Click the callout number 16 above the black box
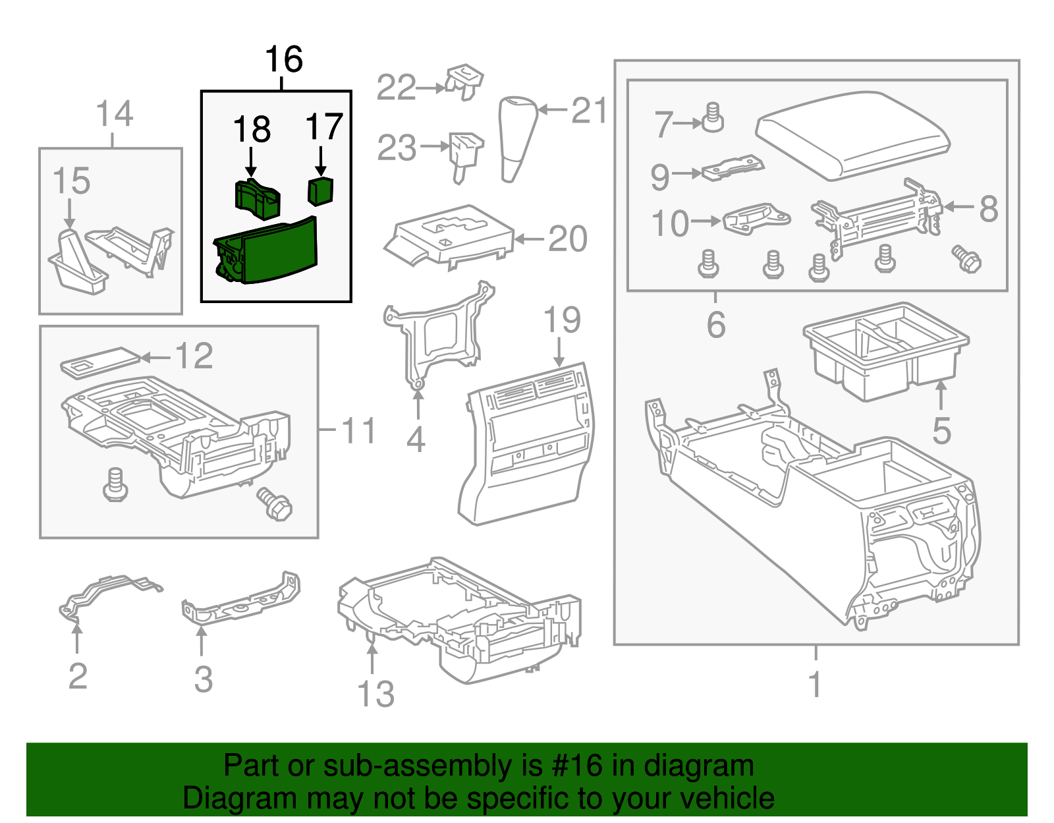coord(283,59)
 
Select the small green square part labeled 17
coord(321,191)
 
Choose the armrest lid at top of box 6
coord(853,135)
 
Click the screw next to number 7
coord(711,119)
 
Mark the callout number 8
coord(989,209)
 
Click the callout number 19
coord(562,320)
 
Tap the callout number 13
coord(375,694)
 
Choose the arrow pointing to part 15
coord(69,214)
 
